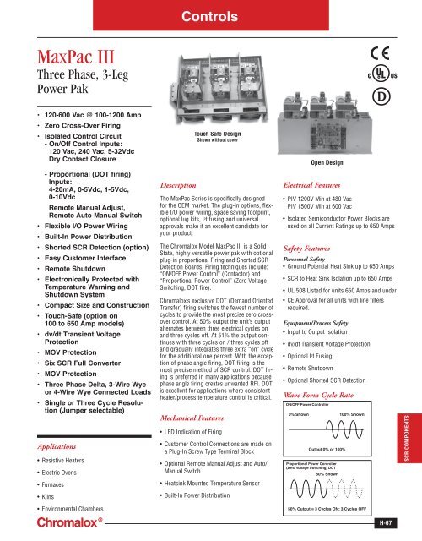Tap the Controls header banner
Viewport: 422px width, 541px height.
tap(210, 14)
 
